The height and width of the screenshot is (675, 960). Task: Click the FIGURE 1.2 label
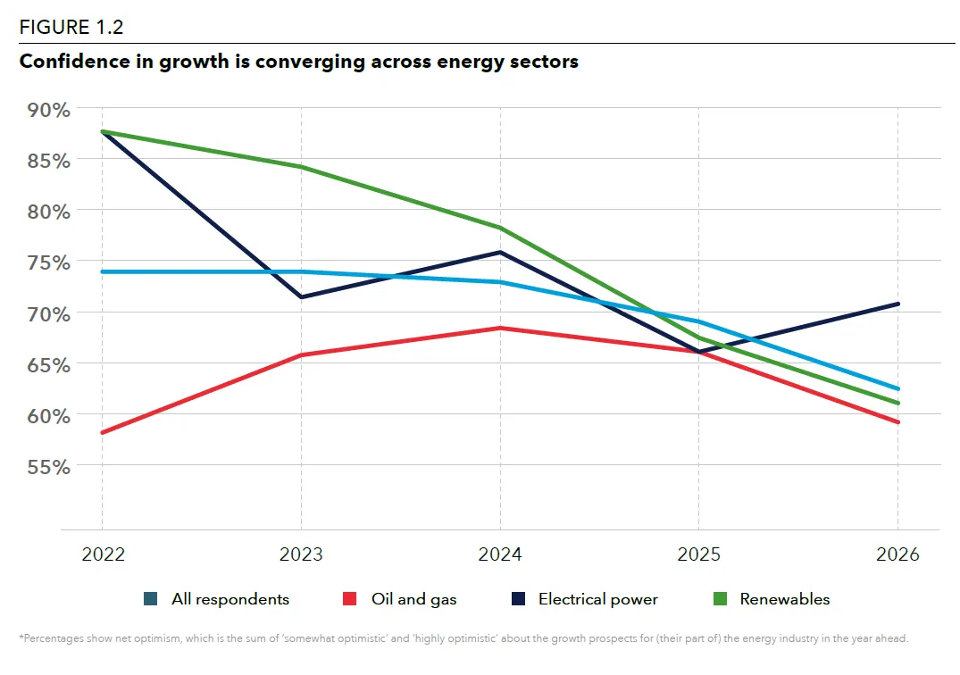(71, 28)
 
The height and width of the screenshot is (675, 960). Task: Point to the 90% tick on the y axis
(48, 110)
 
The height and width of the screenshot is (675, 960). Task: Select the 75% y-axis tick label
(48, 262)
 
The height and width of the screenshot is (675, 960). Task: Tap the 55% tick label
(48, 466)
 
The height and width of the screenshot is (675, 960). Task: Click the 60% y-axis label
(48, 415)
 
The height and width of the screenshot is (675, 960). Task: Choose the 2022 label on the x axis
(103, 554)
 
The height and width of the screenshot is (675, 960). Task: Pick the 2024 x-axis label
(500, 554)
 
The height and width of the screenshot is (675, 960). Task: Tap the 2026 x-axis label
(897, 554)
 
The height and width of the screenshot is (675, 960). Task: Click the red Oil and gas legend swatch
(350, 599)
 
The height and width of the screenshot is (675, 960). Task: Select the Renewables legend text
(785, 599)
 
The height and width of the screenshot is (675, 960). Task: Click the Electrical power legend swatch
(519, 599)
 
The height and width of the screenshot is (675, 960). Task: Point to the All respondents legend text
(230, 599)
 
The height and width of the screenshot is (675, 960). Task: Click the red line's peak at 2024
(500, 328)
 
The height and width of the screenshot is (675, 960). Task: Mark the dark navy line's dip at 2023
(301, 296)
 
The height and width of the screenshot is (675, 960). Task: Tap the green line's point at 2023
(301, 166)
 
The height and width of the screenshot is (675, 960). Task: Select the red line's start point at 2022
(103, 432)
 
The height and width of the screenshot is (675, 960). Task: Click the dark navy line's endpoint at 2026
(897, 304)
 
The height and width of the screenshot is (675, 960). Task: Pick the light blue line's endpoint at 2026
(897, 388)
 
